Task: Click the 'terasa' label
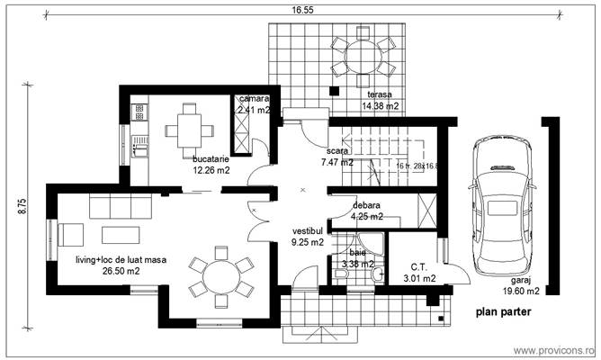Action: point(380,94)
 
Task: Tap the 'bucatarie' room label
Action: point(211,158)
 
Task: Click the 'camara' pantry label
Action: point(253,99)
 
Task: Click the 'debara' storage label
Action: point(366,205)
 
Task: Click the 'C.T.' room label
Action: point(417,266)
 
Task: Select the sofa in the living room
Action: point(121,209)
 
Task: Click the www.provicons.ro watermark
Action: point(552,349)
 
